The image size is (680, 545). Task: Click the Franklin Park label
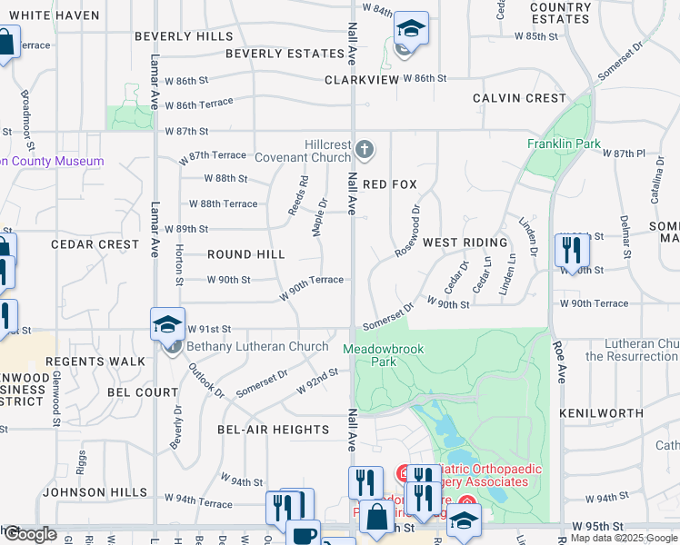point(564,144)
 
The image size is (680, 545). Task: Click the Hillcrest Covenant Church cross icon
point(364,149)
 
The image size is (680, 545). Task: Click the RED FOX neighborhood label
point(389,184)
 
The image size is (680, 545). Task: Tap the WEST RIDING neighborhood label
point(465,243)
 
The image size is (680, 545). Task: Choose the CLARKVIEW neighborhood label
point(362,80)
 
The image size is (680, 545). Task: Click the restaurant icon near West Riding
point(573,249)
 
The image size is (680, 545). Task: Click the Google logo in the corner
point(30,533)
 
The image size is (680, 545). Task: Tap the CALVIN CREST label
point(519,98)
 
